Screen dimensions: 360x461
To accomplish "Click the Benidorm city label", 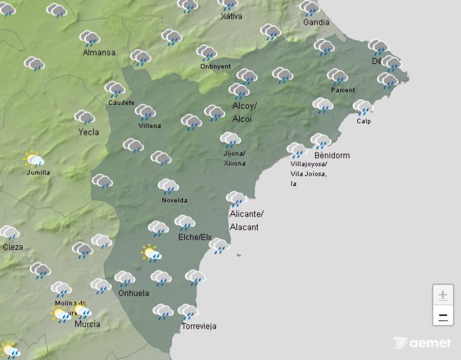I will pyautogui.click(x=332, y=156).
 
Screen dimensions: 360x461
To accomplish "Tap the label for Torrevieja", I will pyautogui.click(x=199, y=327).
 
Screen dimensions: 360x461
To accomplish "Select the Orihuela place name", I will pyautogui.click(x=134, y=293).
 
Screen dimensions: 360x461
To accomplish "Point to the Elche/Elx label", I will pyautogui.click(x=195, y=237).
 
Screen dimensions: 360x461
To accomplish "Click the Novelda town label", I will pyautogui.click(x=174, y=200).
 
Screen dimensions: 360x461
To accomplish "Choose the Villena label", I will pyautogui.click(x=150, y=126).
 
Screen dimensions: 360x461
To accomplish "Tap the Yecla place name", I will pyautogui.click(x=89, y=132).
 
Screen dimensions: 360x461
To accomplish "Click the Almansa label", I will pyautogui.click(x=99, y=52).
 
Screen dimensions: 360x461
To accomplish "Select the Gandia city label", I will pyautogui.click(x=316, y=22).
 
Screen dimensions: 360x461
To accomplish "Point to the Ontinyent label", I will pyautogui.click(x=215, y=66).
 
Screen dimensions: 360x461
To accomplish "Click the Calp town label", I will pyautogui.click(x=364, y=121).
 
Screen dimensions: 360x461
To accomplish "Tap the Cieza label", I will pyautogui.click(x=13, y=247).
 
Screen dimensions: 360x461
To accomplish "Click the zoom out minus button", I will pyautogui.click(x=443, y=316).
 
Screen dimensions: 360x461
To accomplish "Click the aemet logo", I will pyautogui.click(x=422, y=343).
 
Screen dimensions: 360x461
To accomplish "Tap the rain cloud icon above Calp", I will pyautogui.click(x=363, y=107).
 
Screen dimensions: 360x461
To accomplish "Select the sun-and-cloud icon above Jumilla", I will pyautogui.click(x=34, y=160).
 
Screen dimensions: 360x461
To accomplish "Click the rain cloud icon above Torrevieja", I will pyautogui.click(x=187, y=312).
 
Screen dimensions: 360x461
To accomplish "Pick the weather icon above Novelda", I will pyautogui.click(x=168, y=186).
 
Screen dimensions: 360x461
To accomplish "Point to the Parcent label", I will pyautogui.click(x=343, y=90).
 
